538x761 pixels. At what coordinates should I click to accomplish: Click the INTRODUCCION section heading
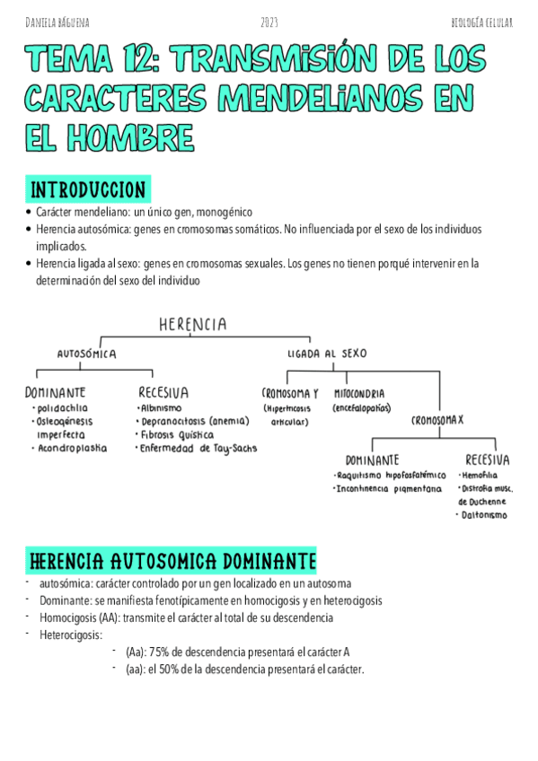(x=88, y=190)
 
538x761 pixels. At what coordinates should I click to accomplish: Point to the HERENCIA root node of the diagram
(x=192, y=324)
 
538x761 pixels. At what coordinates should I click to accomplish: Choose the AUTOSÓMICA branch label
(x=87, y=354)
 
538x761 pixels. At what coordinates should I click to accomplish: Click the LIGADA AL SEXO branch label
(x=327, y=354)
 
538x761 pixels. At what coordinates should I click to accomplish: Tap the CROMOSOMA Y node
(x=290, y=394)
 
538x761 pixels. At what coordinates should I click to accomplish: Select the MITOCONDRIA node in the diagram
(x=359, y=394)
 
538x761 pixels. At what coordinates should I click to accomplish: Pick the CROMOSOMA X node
(x=437, y=420)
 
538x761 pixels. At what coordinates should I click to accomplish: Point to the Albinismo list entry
(x=162, y=408)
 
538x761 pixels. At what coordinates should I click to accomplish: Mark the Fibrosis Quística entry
(x=178, y=434)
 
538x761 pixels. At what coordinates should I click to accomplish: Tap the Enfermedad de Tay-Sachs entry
(x=198, y=448)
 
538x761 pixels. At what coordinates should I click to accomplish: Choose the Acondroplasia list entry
(x=72, y=448)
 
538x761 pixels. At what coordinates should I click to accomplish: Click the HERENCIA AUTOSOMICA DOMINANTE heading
(x=172, y=562)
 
